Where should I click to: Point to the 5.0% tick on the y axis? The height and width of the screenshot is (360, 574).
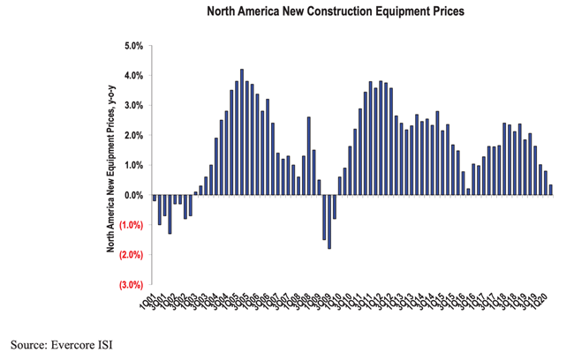pyautogui.click(x=133, y=46)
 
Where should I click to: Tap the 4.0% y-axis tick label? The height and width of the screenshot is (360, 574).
pyautogui.click(x=133, y=76)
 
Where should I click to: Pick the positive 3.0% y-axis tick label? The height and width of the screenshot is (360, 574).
pyautogui.click(x=133, y=106)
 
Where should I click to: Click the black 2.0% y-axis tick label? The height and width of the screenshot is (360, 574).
pyautogui.click(x=133, y=136)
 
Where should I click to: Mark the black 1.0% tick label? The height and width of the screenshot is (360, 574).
pyautogui.click(x=133, y=165)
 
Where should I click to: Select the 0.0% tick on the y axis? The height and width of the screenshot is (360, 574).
pyautogui.click(x=133, y=195)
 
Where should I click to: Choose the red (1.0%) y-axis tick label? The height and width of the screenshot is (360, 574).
pyautogui.click(x=132, y=225)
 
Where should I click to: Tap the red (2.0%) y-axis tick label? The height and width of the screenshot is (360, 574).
pyautogui.click(x=132, y=255)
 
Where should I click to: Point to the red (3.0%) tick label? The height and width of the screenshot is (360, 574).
pyautogui.click(x=132, y=285)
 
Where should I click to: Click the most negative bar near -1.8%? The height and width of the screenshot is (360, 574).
pyautogui.click(x=329, y=221)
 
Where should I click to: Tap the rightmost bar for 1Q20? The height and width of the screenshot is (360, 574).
pyautogui.click(x=551, y=190)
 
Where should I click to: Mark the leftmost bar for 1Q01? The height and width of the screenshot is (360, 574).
pyautogui.click(x=154, y=198)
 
